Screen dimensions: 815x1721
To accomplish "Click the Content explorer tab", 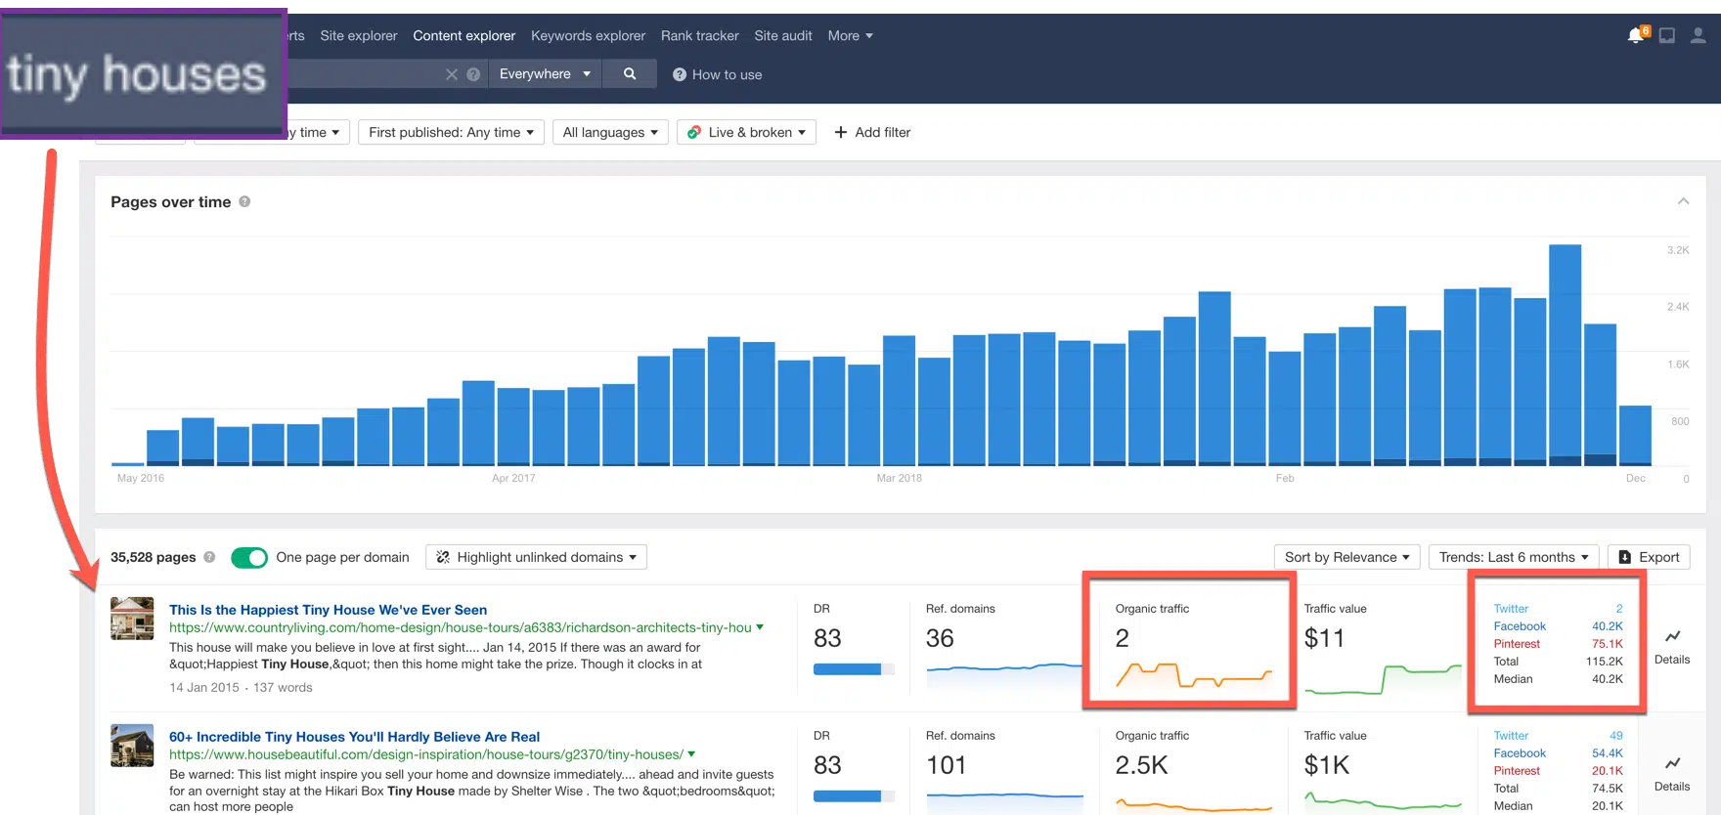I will click(x=463, y=36).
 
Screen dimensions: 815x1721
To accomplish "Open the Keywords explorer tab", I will click(x=588, y=36).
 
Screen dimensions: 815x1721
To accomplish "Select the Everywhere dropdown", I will click(x=545, y=74).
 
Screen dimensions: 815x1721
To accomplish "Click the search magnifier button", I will click(x=630, y=74).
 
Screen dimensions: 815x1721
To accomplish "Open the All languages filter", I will click(x=610, y=132).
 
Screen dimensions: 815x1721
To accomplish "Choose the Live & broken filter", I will click(x=747, y=132).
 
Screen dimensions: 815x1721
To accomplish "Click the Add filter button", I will click(x=872, y=132).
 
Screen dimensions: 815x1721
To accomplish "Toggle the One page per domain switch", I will click(x=249, y=557).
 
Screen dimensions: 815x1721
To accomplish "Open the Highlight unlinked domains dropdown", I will click(x=537, y=557).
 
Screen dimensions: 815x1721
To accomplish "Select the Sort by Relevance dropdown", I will click(x=1346, y=557).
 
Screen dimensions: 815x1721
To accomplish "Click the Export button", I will click(x=1649, y=557).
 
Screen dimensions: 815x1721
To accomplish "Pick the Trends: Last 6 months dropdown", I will click(x=1513, y=557).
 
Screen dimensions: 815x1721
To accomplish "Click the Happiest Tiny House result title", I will click(x=328, y=610).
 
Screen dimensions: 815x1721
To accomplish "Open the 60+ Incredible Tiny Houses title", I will click(x=354, y=737).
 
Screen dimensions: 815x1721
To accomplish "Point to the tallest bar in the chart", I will click(x=1565, y=352).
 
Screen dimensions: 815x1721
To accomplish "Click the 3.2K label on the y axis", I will click(x=1678, y=250).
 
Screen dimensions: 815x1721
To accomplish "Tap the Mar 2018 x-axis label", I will click(x=899, y=478).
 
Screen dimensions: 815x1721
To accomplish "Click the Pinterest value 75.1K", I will click(x=1607, y=644).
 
